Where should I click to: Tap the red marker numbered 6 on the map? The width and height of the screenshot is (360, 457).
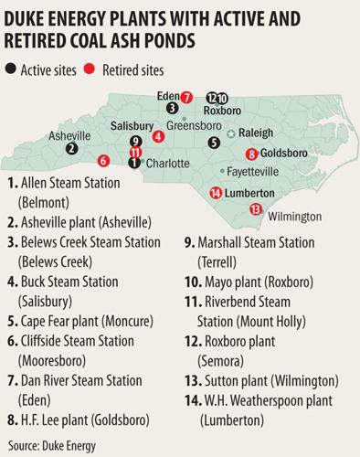pos(103,161)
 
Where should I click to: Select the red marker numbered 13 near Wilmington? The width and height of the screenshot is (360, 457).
pos(255,208)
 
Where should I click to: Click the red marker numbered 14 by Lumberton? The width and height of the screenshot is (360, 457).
pos(215,193)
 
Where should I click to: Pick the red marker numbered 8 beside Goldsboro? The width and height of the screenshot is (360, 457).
pos(251,154)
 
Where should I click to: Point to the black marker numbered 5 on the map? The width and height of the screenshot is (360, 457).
pos(214,142)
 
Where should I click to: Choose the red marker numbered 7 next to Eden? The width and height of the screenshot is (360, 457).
pos(185,97)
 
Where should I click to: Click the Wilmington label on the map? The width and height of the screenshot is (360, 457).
pos(296,217)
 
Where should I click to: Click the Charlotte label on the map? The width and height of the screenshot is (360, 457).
pos(167,163)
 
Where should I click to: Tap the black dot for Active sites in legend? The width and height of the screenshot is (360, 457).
pos(11,69)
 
